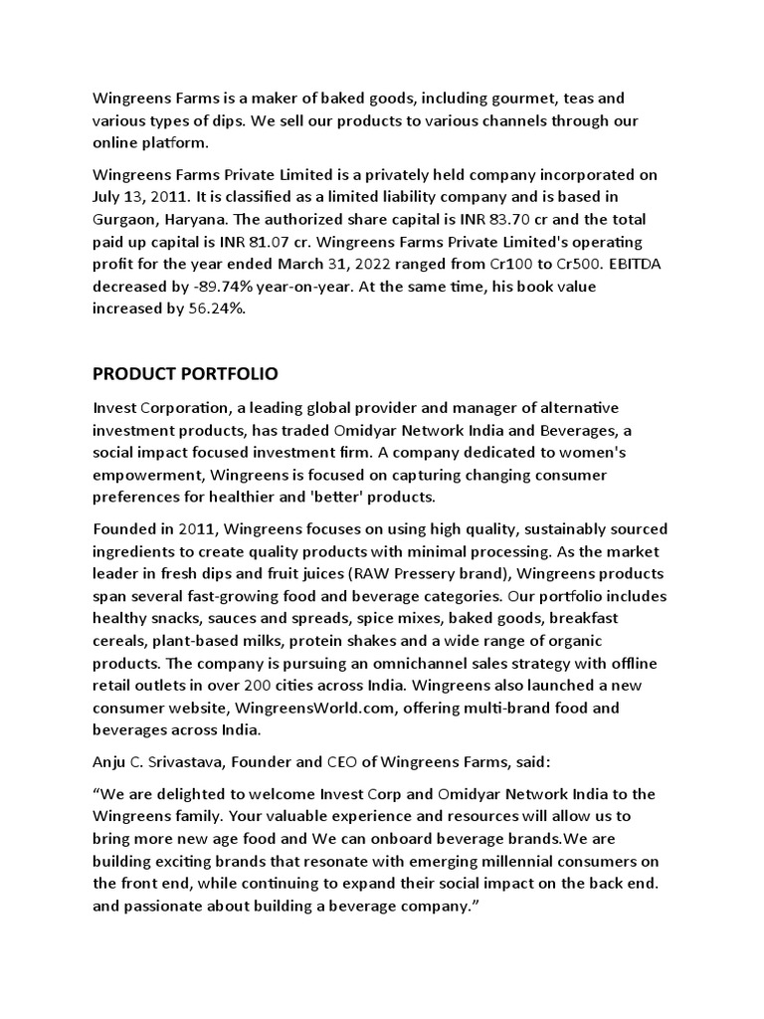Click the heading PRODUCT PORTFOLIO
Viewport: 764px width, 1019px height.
(x=185, y=374)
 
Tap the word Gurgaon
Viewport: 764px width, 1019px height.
(x=124, y=219)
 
